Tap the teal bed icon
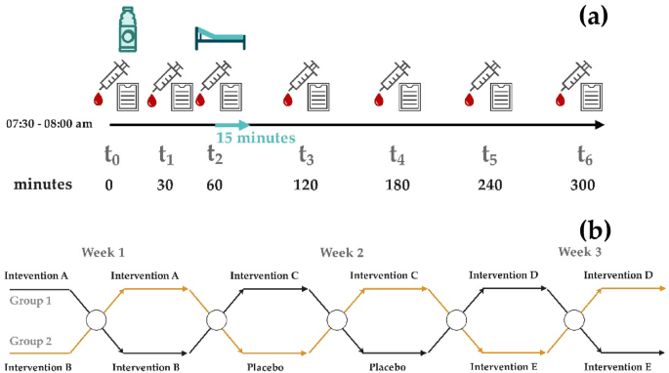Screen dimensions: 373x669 click(x=221, y=37)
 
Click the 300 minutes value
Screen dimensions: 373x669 click(x=583, y=186)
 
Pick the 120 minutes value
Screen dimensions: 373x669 click(x=306, y=186)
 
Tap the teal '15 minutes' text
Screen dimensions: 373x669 click(x=257, y=138)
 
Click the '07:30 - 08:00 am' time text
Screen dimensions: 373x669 click(x=49, y=124)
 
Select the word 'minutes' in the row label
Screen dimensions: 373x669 click(x=42, y=186)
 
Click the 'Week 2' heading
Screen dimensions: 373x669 click(x=342, y=251)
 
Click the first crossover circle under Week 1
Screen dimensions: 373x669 click(x=96, y=320)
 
